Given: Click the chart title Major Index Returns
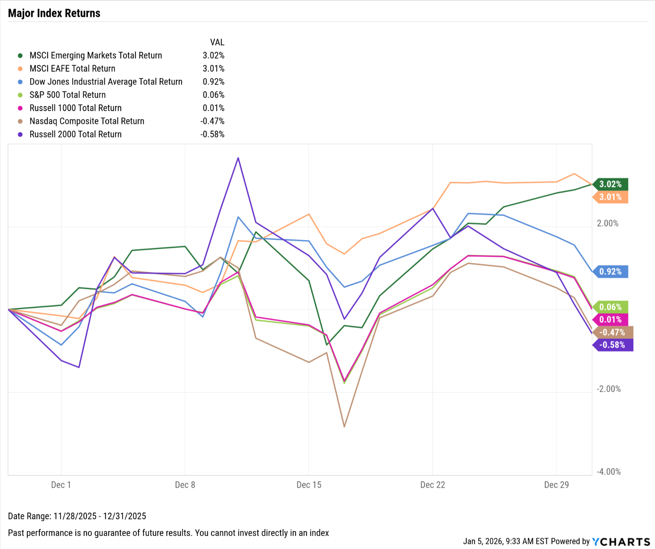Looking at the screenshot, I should pyautogui.click(x=54, y=13).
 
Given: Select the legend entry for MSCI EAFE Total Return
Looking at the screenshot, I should pyautogui.click(x=72, y=68).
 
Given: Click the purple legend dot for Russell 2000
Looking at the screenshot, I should pyautogui.click(x=20, y=134).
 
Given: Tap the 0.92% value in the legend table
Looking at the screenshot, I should pyautogui.click(x=213, y=81).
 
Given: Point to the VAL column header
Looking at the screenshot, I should pyautogui.click(x=217, y=42).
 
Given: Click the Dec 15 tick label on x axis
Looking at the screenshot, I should pyautogui.click(x=309, y=485).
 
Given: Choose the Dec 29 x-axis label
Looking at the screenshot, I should pyautogui.click(x=556, y=485).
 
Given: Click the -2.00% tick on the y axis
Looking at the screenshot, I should pyautogui.click(x=608, y=389).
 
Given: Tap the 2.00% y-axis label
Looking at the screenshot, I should pyautogui.click(x=607, y=223).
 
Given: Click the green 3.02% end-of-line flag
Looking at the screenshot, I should pyautogui.click(x=610, y=184).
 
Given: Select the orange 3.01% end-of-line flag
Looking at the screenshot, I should pyautogui.click(x=610, y=197).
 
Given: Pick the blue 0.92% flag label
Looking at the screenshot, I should pyautogui.click(x=610, y=272).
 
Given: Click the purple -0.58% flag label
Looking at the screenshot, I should pyautogui.click(x=612, y=345).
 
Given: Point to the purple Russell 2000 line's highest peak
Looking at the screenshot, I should pyautogui.click(x=238, y=158).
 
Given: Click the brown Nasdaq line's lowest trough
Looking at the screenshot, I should pyautogui.click(x=344, y=426).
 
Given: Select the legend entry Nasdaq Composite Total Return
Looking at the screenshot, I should pyautogui.click(x=87, y=121).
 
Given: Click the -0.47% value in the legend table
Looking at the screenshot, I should pyautogui.click(x=212, y=121).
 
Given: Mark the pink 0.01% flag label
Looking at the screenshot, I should pyautogui.click(x=610, y=320).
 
